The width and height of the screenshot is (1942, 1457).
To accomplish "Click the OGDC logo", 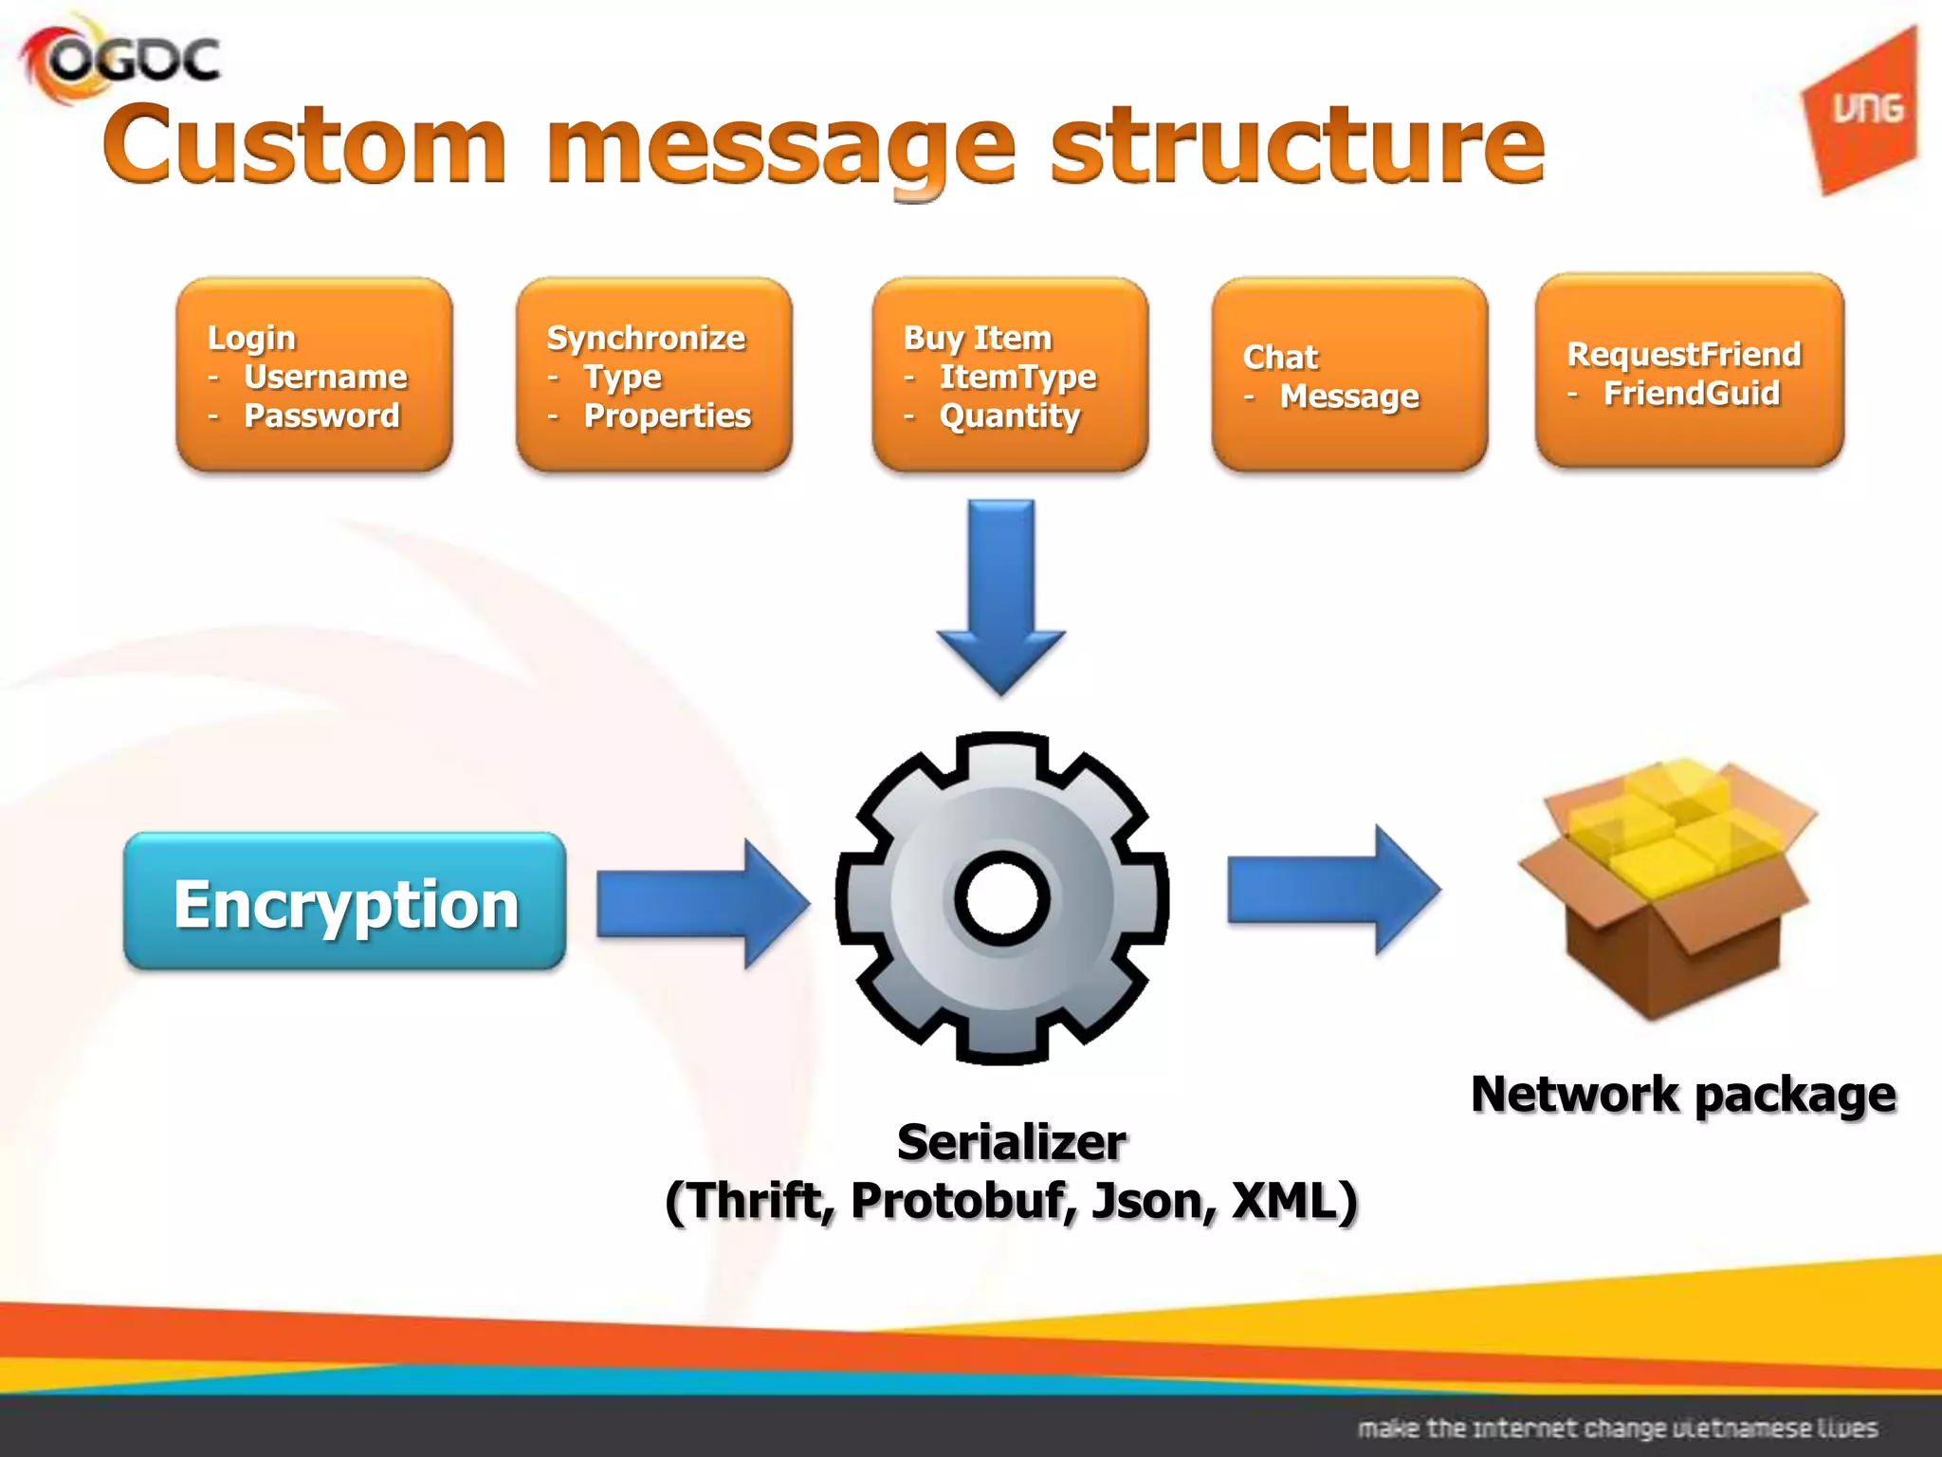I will (121, 60).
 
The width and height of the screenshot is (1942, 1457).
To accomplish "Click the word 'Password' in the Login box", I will (321, 415).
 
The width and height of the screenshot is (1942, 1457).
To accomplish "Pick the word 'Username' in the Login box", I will (325, 377).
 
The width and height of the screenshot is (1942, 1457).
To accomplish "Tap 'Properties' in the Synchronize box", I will (667, 415).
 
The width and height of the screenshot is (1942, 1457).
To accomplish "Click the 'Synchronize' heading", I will (646, 338).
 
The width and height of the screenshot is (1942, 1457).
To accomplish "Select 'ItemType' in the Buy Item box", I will (1017, 377).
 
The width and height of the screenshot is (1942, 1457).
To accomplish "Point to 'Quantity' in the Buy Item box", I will (1009, 415).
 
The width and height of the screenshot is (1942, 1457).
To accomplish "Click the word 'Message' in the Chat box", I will (1349, 397).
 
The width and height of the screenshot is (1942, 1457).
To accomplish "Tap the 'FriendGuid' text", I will (1691, 393).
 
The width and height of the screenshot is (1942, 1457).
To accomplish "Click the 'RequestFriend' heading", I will (1683, 354).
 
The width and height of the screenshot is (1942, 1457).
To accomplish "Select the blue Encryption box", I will (345, 902).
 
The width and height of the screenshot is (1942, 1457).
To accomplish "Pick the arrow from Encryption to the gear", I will (702, 902).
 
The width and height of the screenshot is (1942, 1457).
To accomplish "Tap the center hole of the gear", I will (1002, 898).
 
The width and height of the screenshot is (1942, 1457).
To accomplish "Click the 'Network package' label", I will (1683, 1094).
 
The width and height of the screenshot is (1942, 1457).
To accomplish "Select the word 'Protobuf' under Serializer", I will (964, 1201).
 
